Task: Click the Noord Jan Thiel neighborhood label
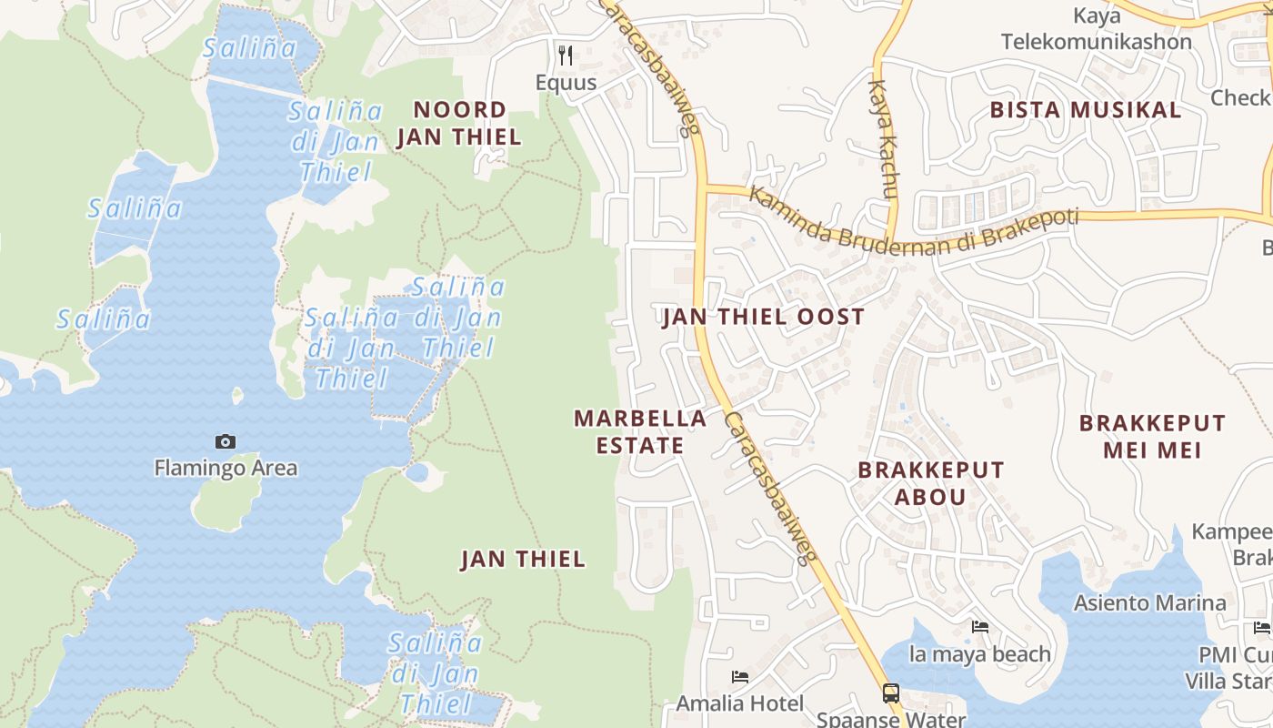(458, 123)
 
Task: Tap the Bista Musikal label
(1085, 110)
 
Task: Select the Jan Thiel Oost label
(763, 317)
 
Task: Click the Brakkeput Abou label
(931, 483)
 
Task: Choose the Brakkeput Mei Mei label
(1151, 436)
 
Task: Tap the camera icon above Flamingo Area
(226, 442)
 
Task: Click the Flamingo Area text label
(226, 469)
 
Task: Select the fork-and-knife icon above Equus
(566, 56)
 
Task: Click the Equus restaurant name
(566, 83)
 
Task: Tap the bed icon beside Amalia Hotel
(740, 677)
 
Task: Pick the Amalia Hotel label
(739, 703)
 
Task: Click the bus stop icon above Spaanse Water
(891, 693)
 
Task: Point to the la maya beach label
(979, 654)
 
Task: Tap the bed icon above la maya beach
(980, 627)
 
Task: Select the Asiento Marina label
(1149, 602)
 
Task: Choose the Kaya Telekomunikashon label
(1096, 29)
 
